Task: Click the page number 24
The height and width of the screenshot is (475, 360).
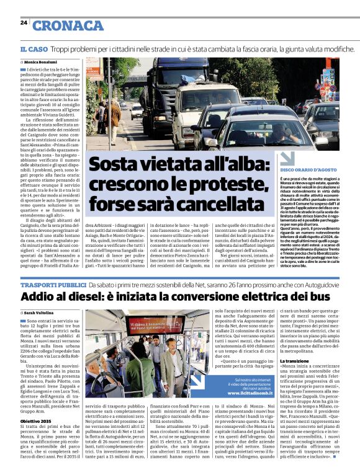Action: pyautogui.click(x=24, y=22)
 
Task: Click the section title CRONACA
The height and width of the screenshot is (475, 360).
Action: pyautogui.click(x=68, y=25)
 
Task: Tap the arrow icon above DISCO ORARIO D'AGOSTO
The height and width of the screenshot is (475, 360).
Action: pyautogui.click(x=286, y=158)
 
